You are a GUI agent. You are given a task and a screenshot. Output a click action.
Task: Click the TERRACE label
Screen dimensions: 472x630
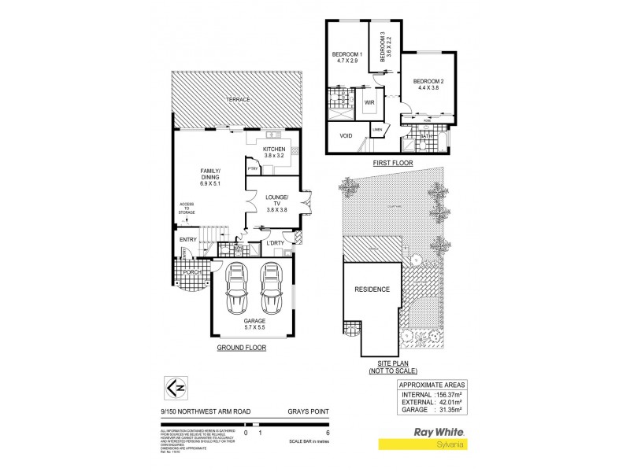[x=238, y=100]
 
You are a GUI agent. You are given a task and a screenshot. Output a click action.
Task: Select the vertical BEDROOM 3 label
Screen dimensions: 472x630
[x=384, y=46]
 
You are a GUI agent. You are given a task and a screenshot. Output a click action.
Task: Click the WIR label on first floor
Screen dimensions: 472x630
[x=369, y=102]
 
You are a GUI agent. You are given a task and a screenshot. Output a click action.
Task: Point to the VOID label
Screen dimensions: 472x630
[x=346, y=135]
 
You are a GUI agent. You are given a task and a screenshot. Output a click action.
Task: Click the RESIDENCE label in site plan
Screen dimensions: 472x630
[x=371, y=289]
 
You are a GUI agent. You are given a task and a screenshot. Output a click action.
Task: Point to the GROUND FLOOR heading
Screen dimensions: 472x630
[x=243, y=347]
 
